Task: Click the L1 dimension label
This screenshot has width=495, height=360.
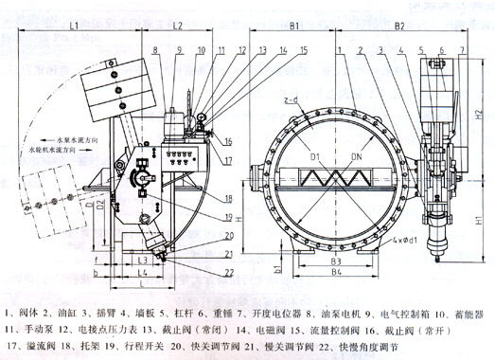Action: coord(73,27)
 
